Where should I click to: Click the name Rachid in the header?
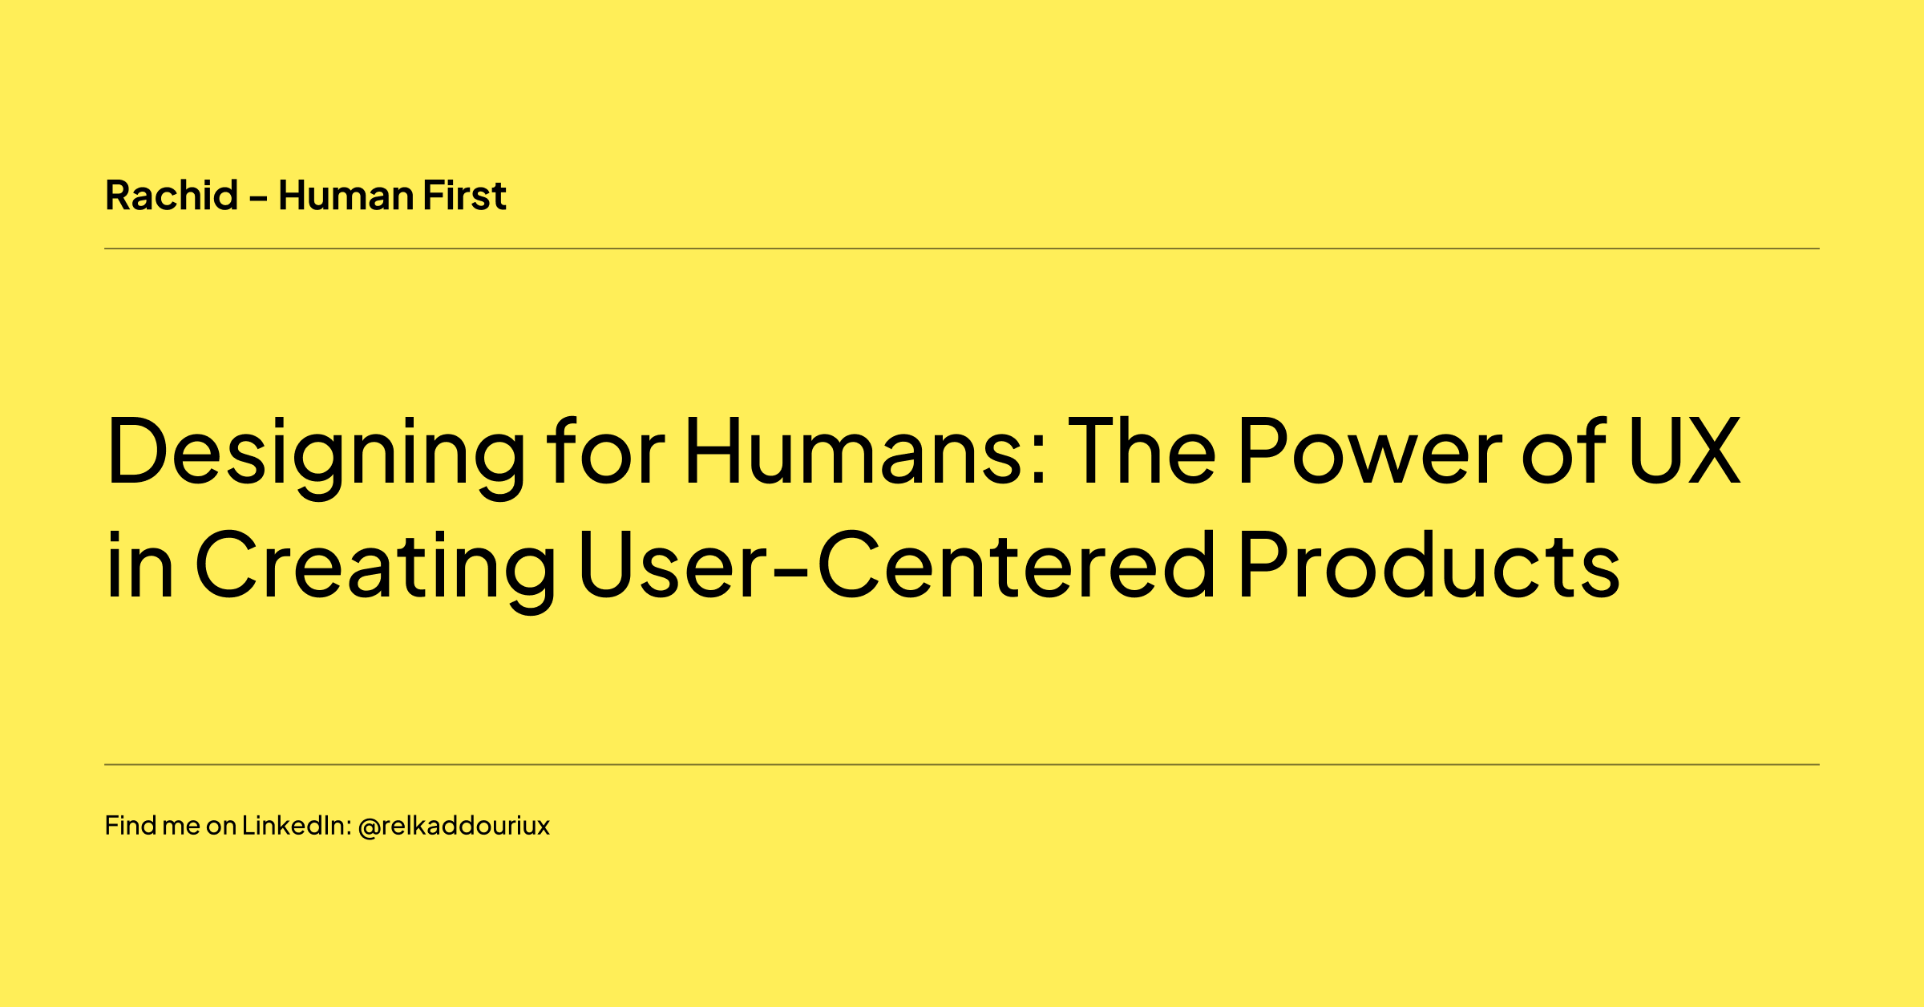point(172,196)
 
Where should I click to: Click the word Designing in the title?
point(316,453)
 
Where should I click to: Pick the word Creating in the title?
point(375,566)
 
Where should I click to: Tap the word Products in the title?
point(1429,564)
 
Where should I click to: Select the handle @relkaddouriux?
point(454,826)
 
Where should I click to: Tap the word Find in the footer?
point(130,826)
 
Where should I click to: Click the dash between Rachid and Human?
point(258,197)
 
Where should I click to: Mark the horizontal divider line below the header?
point(962,249)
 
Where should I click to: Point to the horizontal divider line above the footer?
point(962,765)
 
